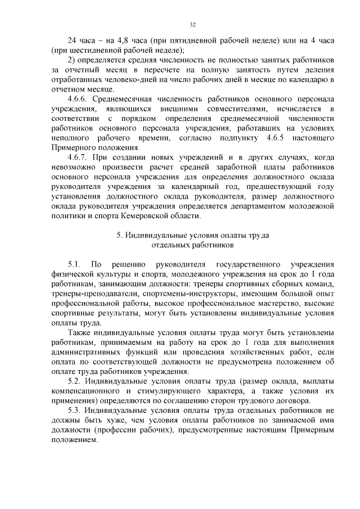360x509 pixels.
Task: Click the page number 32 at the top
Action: click(192, 25)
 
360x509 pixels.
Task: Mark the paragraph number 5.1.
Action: click(74, 264)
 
